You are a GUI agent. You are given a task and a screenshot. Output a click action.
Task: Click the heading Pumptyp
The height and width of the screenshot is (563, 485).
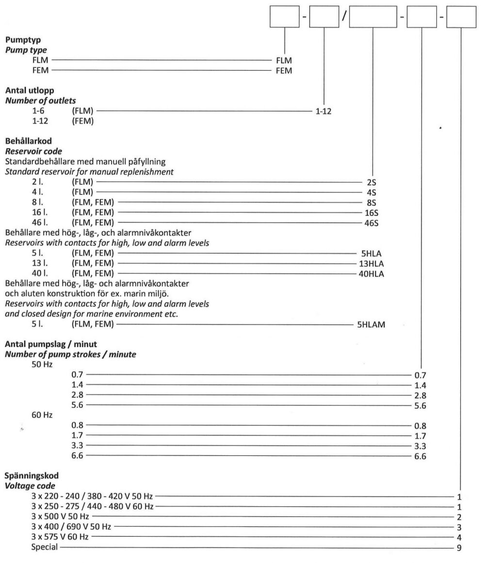pyautogui.click(x=19, y=41)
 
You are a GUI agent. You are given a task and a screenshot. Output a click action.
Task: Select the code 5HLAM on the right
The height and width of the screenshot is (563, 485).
pyautogui.click(x=371, y=325)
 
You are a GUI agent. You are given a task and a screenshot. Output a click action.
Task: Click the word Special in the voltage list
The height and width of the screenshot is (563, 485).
pyautogui.click(x=43, y=547)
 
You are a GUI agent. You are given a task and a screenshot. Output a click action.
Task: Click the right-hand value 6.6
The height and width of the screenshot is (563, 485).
pyautogui.click(x=420, y=456)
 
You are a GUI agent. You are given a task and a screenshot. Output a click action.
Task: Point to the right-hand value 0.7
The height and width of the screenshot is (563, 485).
pyautogui.click(x=420, y=375)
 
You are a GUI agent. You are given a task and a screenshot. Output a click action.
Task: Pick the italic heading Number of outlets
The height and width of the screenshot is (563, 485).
pyautogui.click(x=40, y=100)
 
